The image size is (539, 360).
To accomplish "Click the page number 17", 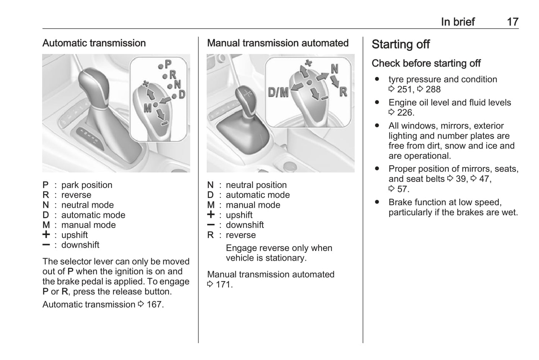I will click(x=513, y=22).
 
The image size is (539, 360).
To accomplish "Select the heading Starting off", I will click(x=401, y=44).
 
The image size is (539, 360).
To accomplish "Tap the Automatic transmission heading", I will click(x=94, y=43).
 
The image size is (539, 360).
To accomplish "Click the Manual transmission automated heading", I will click(x=278, y=43).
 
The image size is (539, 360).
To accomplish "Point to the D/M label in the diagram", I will click(x=278, y=92).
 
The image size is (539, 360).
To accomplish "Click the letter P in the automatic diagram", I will click(x=168, y=64).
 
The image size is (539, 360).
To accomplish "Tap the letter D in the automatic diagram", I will click(x=182, y=94).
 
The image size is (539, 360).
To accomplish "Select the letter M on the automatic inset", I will click(x=148, y=108).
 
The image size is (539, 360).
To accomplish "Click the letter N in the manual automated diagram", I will click(x=334, y=69).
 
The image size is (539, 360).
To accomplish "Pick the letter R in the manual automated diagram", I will click(x=343, y=91).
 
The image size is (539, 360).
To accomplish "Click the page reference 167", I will click(x=154, y=304).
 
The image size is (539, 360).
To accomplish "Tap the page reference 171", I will click(x=224, y=285).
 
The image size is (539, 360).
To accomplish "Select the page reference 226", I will click(x=405, y=113).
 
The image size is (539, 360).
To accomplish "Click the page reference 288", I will click(x=433, y=90).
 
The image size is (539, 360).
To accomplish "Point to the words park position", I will click(x=87, y=185).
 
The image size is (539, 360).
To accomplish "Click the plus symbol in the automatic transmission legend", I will click(x=46, y=235).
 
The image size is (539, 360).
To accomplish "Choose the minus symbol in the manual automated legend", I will click(x=211, y=225).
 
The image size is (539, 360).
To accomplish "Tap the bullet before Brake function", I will click(x=377, y=202).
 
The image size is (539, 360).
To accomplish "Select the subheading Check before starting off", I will click(x=426, y=63).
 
